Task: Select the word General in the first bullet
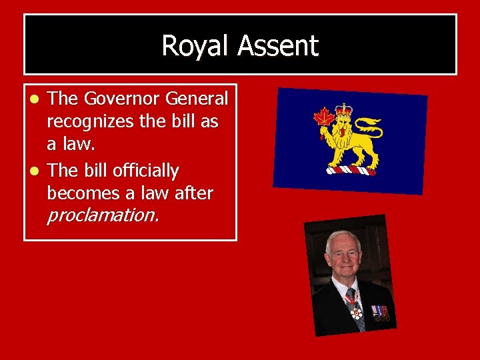click(197, 99)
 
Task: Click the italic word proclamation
click(103, 215)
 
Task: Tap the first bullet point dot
click(38, 99)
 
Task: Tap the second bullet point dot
click(38, 171)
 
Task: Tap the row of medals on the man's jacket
click(380, 311)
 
